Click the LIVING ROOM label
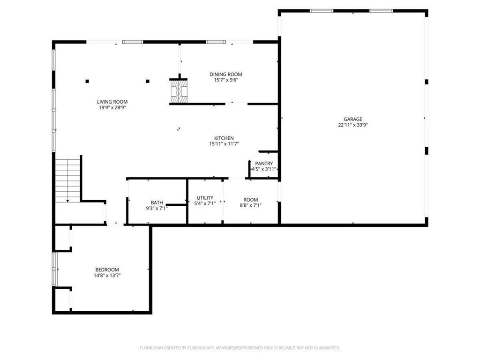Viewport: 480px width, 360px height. click(112, 102)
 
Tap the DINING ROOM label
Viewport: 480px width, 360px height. click(226, 74)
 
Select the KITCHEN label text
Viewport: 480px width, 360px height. click(224, 138)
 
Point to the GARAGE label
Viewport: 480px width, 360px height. click(353, 119)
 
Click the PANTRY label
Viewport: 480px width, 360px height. click(264, 164)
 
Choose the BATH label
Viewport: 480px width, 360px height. click(157, 202)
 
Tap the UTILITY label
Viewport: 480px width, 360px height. click(205, 198)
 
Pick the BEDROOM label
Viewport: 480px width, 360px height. click(107, 270)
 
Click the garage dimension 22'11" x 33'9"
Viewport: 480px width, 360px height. click(353, 125)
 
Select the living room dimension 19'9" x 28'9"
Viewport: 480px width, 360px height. click(112, 108)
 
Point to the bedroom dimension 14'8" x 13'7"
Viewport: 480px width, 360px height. click(107, 276)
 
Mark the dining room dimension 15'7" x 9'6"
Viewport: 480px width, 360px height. click(226, 80)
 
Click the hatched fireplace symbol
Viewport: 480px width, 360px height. click(179, 91)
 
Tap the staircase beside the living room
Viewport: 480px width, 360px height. click(68, 180)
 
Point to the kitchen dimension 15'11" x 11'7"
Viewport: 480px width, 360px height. click(224, 144)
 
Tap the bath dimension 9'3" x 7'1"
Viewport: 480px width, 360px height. click(157, 208)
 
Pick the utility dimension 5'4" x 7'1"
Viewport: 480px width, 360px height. click(205, 204)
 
